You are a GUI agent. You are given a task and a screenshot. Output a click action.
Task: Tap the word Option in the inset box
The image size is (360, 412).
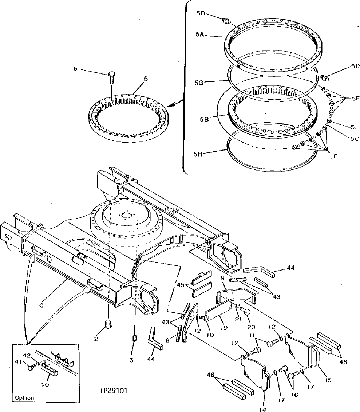(25, 398)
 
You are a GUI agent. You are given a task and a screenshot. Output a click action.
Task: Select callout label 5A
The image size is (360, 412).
(200, 34)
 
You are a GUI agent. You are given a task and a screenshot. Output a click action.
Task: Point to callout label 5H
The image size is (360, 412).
(199, 153)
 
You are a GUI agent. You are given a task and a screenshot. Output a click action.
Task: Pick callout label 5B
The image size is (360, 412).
(199, 119)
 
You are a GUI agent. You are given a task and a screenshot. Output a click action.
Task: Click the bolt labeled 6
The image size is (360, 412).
(111, 77)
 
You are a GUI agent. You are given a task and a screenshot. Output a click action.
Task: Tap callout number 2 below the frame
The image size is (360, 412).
(95, 339)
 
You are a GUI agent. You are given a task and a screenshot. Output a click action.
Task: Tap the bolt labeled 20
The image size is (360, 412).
(246, 312)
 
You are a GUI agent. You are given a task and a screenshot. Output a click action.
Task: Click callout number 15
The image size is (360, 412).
(328, 380)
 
